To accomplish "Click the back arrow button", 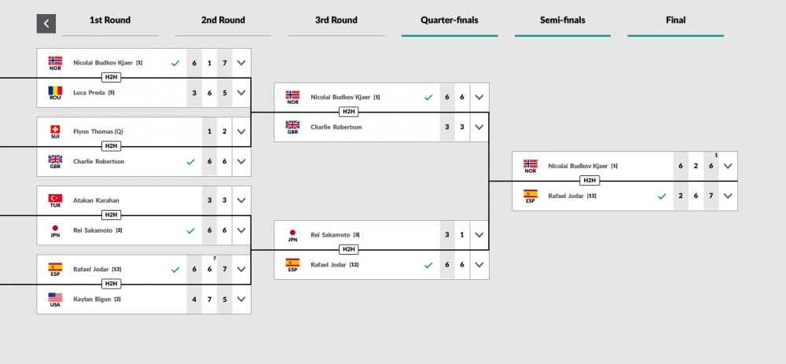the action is [46, 24].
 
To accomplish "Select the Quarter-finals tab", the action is [449, 20].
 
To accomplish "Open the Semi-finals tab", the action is [563, 20].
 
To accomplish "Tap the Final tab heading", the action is [676, 20].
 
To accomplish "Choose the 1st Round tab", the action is [110, 20].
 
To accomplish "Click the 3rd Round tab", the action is [336, 20].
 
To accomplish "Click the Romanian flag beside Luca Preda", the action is [55, 90].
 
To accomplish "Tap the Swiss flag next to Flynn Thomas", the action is [55, 130].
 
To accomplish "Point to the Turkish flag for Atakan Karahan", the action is [55, 198].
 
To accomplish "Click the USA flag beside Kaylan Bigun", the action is [55, 297].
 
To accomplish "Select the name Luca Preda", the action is [90, 93].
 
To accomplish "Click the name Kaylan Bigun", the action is [92, 300].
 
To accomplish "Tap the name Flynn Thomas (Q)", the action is [98, 131].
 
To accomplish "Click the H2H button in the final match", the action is [589, 181].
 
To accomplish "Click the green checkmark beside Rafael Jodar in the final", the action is [662, 197].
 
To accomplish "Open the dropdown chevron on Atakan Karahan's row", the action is [241, 200].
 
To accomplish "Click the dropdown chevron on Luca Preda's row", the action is [241, 93].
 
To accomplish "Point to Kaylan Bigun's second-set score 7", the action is [209, 300].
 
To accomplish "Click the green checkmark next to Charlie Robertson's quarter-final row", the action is [190, 162].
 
